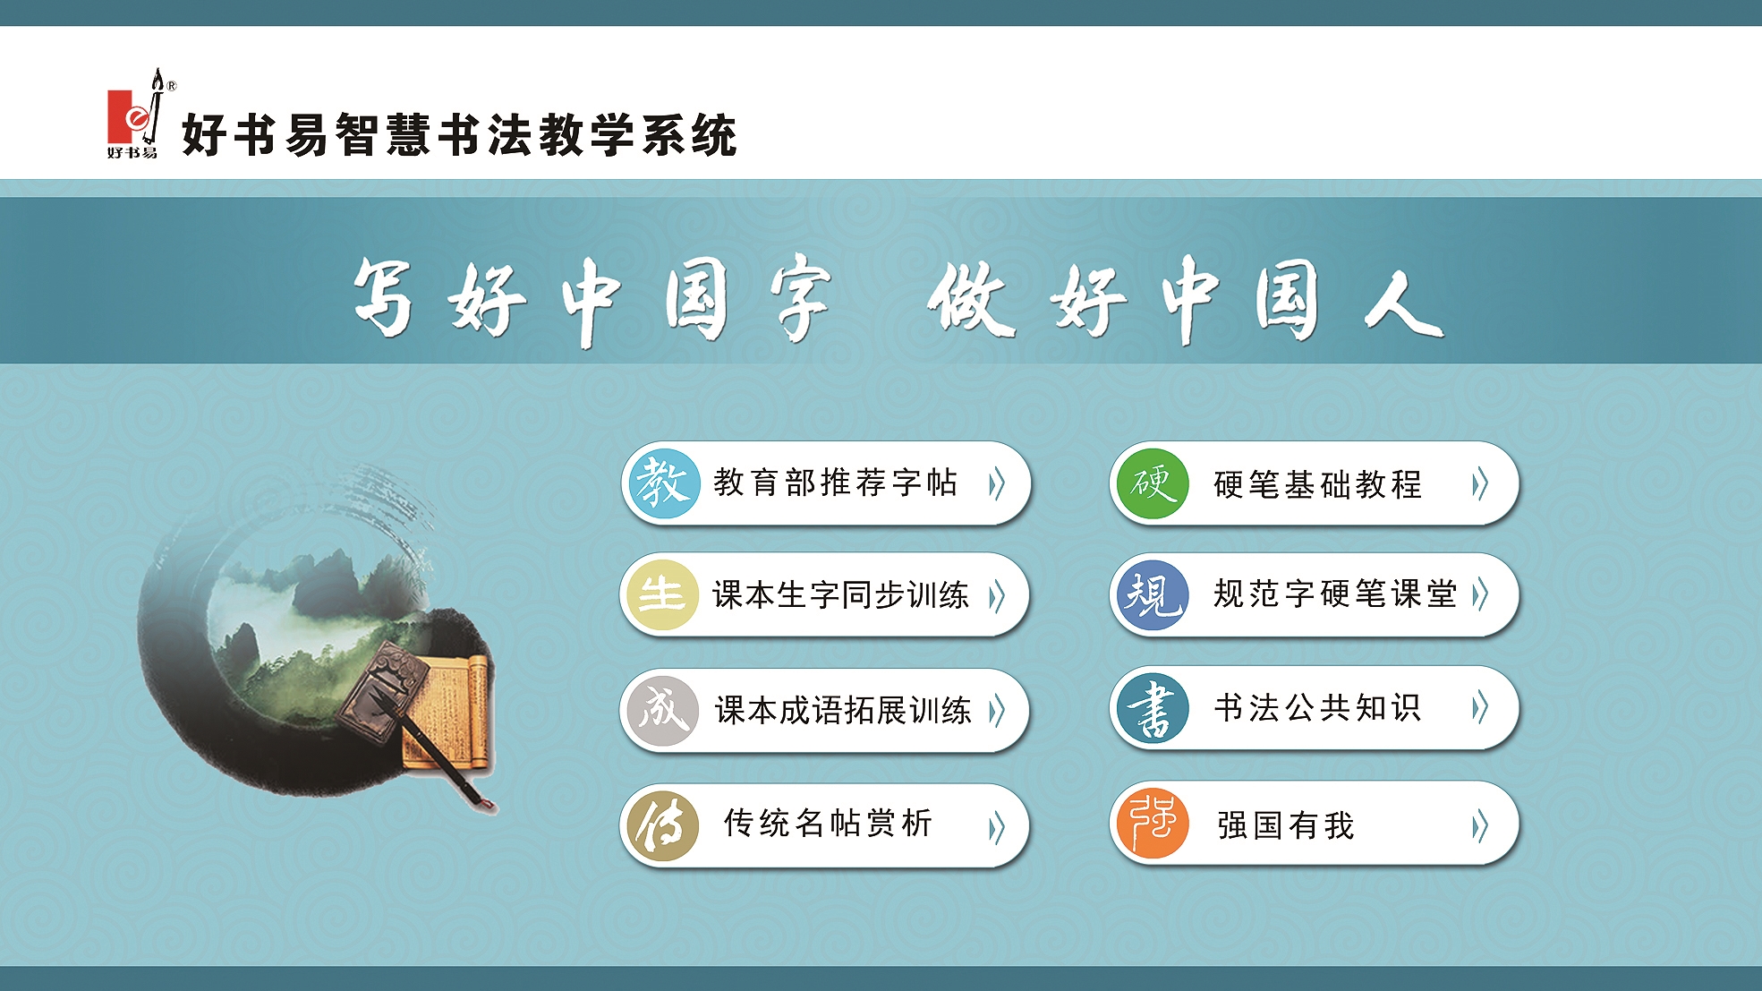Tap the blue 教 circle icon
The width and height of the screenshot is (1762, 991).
[663, 484]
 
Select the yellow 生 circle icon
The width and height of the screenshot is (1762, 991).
[662, 595]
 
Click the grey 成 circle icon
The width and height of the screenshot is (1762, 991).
[662, 711]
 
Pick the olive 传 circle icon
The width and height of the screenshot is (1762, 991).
[662, 826]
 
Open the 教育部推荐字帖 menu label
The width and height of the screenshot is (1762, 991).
[836, 483]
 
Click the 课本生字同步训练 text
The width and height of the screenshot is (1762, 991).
[840, 595]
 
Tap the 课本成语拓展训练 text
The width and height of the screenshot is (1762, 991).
[843, 711]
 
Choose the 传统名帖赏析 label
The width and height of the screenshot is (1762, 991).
[828, 823]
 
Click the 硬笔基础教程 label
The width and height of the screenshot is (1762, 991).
[1318, 485]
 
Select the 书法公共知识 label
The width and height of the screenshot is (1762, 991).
[1318, 708]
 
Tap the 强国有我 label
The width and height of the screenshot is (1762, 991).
[1286, 825]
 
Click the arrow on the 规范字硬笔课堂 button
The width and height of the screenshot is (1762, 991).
[1480, 594]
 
